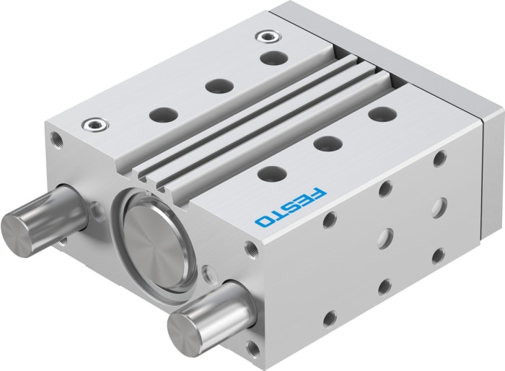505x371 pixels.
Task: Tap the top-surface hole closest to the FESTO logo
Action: point(272,173)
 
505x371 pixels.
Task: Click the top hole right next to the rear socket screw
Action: point(270,58)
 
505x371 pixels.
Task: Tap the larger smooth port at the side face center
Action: point(387,236)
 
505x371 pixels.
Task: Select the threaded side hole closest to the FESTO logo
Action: point(329,219)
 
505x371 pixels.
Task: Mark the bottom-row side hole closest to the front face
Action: point(330,317)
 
